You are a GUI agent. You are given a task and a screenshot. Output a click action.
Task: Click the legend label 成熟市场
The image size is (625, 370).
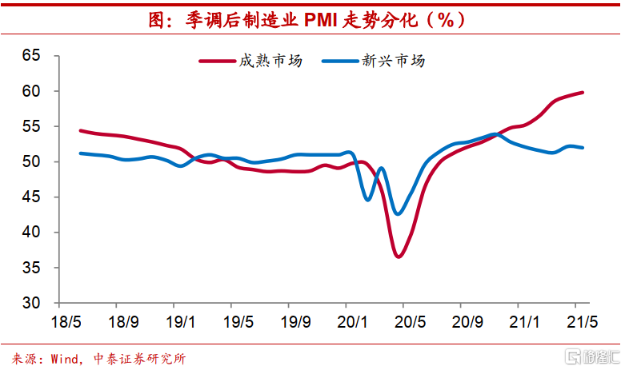269,61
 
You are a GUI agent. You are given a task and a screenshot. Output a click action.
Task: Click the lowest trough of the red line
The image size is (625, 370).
399,256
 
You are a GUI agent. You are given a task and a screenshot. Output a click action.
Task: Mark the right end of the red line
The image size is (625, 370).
582,93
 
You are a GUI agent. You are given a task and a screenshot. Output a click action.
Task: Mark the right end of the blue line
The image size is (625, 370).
582,148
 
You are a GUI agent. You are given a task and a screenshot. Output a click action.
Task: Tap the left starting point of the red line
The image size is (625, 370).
81,130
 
